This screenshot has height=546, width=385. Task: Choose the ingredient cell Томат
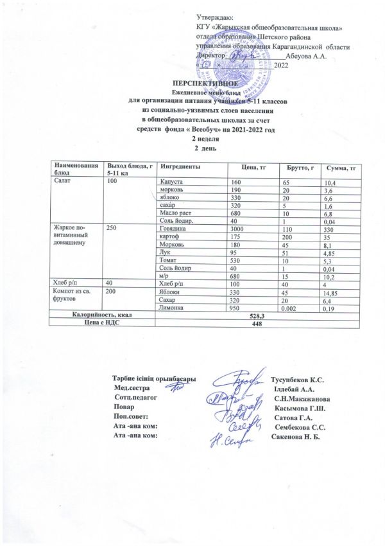[170, 261]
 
